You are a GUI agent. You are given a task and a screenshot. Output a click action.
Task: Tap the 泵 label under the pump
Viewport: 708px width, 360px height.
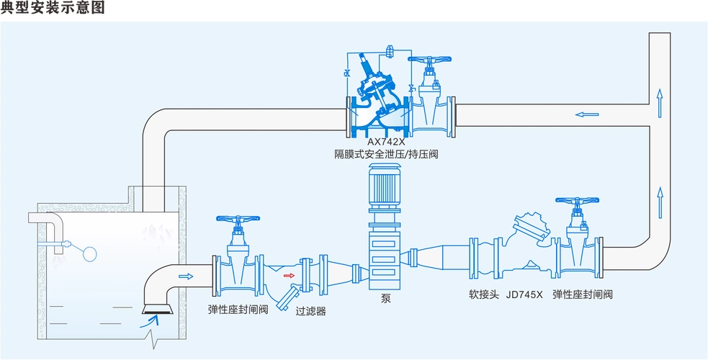click(x=386, y=299)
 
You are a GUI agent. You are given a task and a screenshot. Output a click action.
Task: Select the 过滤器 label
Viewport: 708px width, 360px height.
click(x=311, y=311)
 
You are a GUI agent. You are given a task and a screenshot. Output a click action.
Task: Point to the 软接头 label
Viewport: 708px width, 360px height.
click(x=483, y=294)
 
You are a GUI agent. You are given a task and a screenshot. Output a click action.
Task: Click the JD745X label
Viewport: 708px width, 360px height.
click(x=524, y=294)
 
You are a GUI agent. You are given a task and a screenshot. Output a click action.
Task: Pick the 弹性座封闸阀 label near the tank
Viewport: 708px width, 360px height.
click(x=238, y=310)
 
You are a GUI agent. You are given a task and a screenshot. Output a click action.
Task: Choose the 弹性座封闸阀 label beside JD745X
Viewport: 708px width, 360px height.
click(x=583, y=294)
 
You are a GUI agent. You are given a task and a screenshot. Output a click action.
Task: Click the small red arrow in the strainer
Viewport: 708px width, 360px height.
click(x=288, y=275)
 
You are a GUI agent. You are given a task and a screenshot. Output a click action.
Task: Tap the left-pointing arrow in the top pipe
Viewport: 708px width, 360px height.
click(x=586, y=114)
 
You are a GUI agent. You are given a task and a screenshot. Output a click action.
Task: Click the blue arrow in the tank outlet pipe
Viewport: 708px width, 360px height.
click(x=185, y=276)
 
